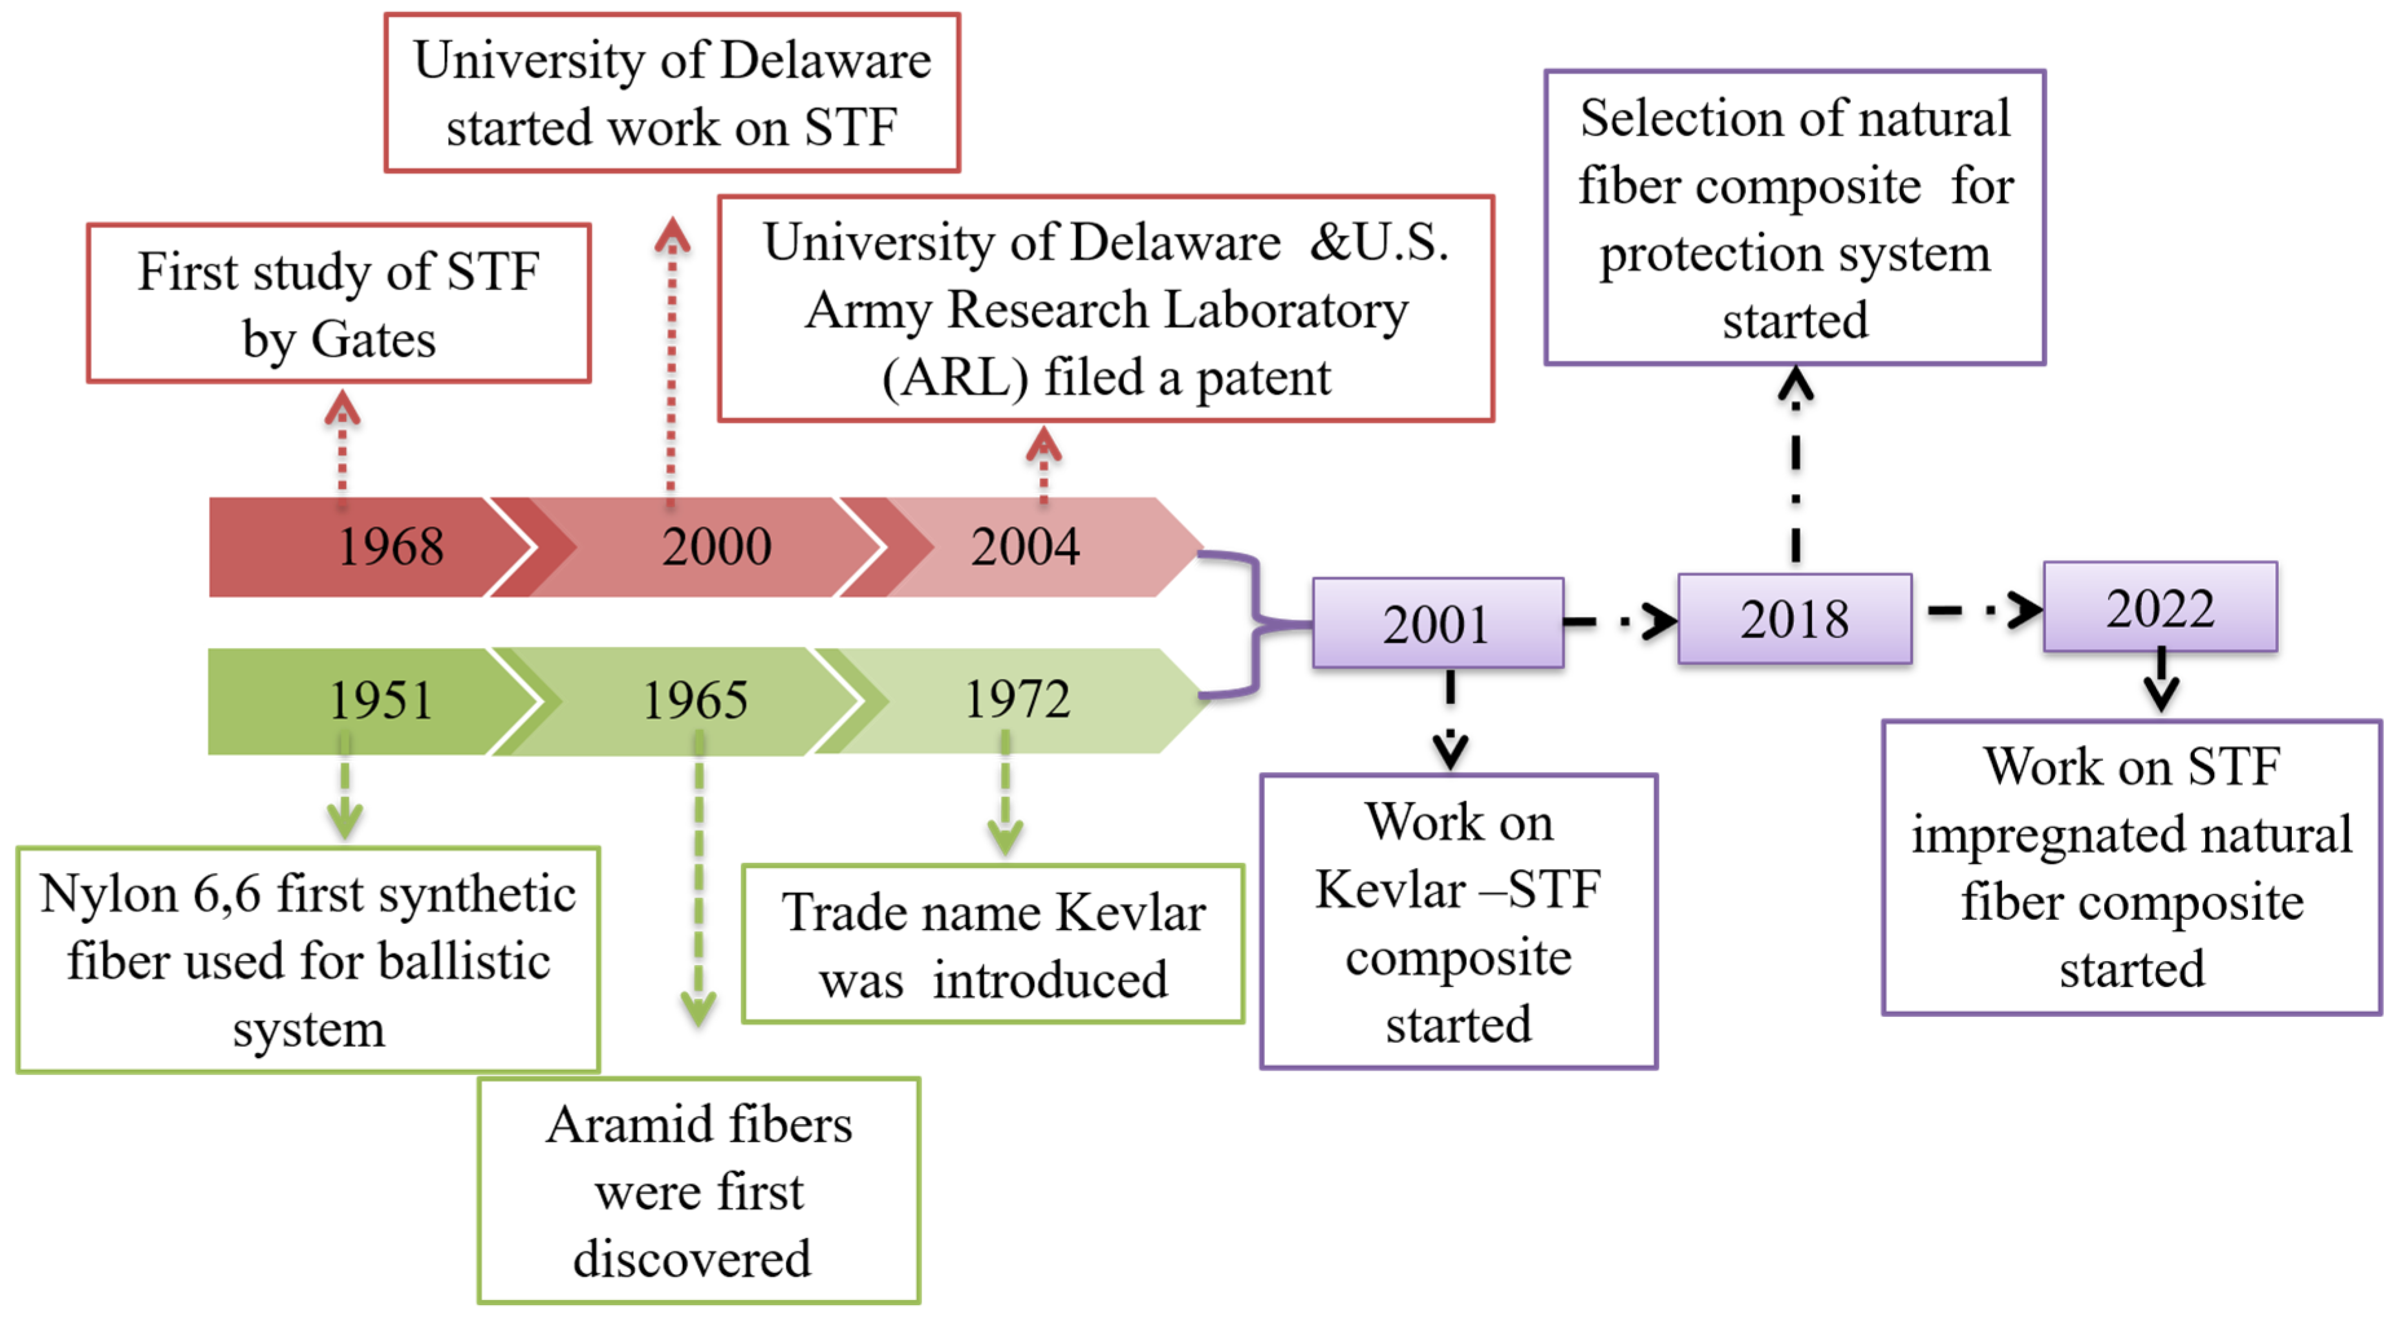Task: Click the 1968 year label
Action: click(x=391, y=546)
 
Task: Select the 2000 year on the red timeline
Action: click(x=717, y=546)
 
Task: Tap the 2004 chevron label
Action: click(x=1025, y=546)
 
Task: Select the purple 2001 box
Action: click(x=1437, y=623)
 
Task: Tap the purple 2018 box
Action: click(x=1794, y=619)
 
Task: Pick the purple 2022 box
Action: click(x=2160, y=608)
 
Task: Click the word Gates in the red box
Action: click(x=372, y=340)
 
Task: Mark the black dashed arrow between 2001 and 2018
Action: click(x=1620, y=621)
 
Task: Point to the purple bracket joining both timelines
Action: click(x=1256, y=623)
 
